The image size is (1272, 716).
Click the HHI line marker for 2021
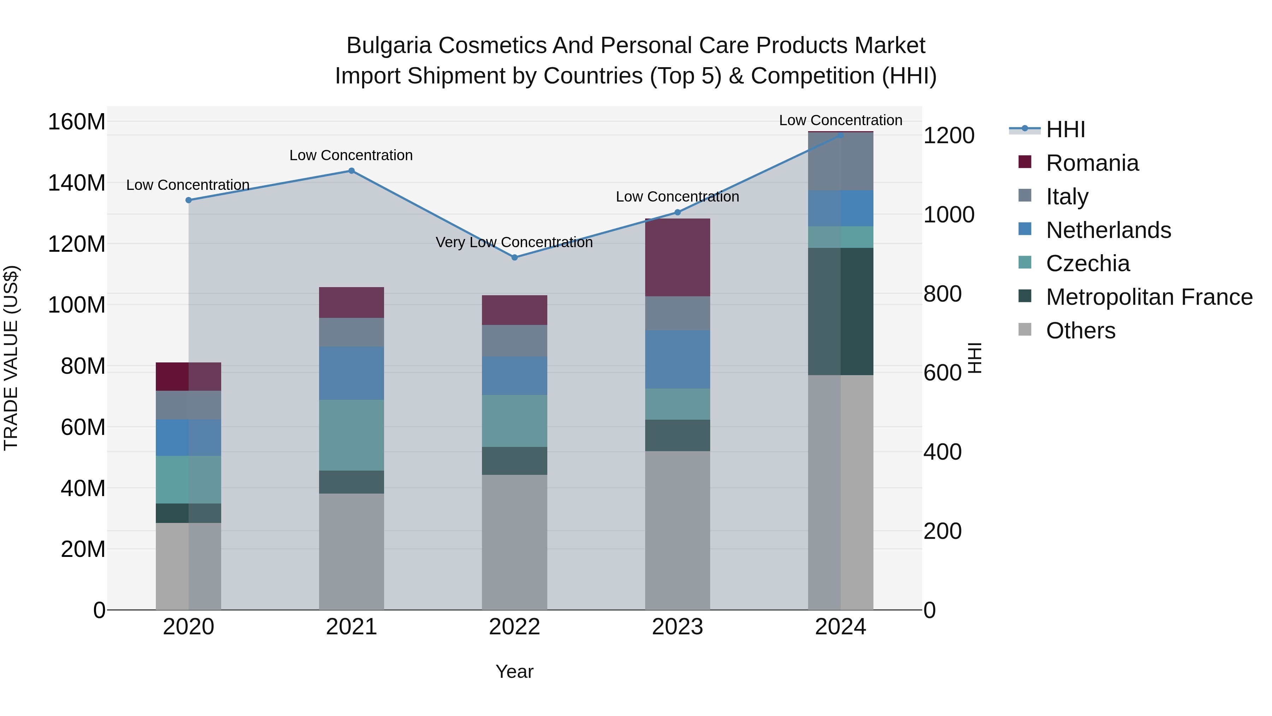pyautogui.click(x=351, y=171)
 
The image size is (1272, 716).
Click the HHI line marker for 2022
pyautogui.click(x=514, y=257)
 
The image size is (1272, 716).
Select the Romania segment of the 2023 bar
pyautogui.click(x=677, y=257)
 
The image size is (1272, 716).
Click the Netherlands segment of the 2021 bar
pyautogui.click(x=351, y=373)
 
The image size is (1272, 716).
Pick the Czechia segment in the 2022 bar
pyautogui.click(x=514, y=421)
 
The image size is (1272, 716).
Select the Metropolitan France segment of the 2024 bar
pyautogui.click(x=841, y=311)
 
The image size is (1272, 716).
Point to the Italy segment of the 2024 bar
pyautogui.click(x=841, y=162)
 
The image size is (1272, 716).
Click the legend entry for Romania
pyautogui.click(x=1092, y=163)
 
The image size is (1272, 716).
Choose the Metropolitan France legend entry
pyautogui.click(x=1149, y=297)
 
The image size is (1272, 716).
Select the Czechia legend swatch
pyautogui.click(x=1025, y=263)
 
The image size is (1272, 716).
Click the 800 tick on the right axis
pyautogui.click(x=942, y=294)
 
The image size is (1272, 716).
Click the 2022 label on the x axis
pyautogui.click(x=514, y=627)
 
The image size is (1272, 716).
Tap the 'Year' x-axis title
pyautogui.click(x=514, y=671)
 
